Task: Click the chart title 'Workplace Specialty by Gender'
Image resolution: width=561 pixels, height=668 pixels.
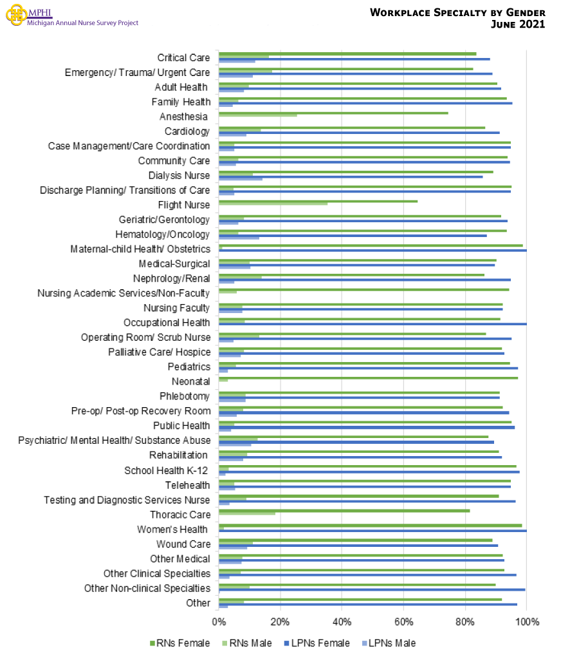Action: tap(457, 13)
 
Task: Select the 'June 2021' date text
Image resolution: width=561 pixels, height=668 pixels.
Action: tap(518, 24)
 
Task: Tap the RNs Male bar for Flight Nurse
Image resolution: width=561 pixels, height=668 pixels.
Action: tap(273, 204)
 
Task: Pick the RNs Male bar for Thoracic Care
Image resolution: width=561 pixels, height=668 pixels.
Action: tap(247, 513)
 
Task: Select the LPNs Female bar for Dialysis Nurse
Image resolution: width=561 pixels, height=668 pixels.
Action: tap(351, 177)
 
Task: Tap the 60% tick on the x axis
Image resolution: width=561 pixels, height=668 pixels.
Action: tap(403, 622)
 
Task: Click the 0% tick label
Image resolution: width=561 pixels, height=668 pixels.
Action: tap(219, 622)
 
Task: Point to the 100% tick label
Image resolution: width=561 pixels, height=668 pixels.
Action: tap(527, 622)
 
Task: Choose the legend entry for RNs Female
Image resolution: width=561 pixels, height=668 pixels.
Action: tap(179, 643)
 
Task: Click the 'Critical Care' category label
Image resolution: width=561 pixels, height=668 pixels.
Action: tap(183, 58)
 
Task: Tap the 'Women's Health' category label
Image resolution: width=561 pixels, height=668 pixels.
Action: tap(172, 530)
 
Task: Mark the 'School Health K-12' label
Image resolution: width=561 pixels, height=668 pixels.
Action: tap(167, 470)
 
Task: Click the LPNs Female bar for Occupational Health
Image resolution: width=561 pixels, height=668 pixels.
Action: tap(372, 324)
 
